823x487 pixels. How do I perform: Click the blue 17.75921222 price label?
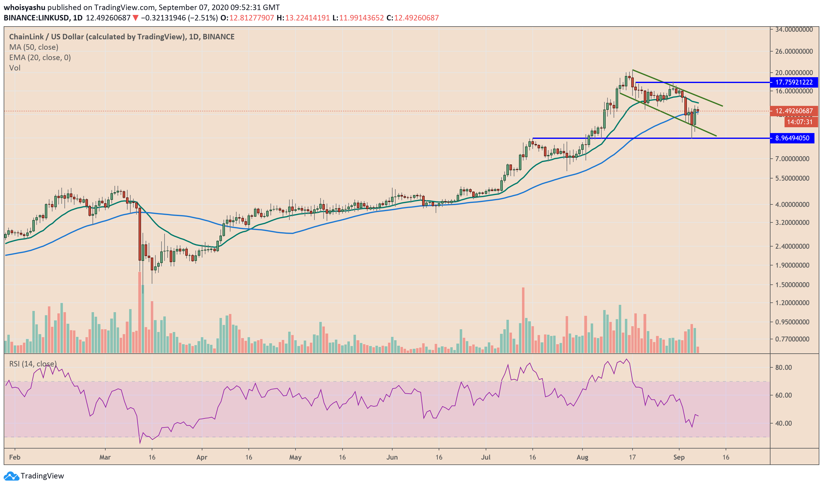click(x=793, y=82)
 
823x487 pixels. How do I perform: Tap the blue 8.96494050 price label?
click(x=792, y=138)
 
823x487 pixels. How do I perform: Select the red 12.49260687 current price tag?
click(x=793, y=111)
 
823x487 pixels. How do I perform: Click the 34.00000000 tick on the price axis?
click(x=793, y=30)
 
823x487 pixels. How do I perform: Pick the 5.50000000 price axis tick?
click(x=792, y=179)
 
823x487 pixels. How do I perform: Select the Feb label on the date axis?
click(x=15, y=457)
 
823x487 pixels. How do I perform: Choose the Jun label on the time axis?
click(x=392, y=457)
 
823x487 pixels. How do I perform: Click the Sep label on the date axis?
click(x=679, y=457)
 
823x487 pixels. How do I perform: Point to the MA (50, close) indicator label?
click(x=34, y=47)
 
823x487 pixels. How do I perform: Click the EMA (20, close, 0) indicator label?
click(x=40, y=58)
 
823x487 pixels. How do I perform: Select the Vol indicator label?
click(x=15, y=68)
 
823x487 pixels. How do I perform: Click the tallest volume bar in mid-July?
click(x=523, y=320)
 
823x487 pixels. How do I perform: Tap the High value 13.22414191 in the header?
click(x=307, y=18)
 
